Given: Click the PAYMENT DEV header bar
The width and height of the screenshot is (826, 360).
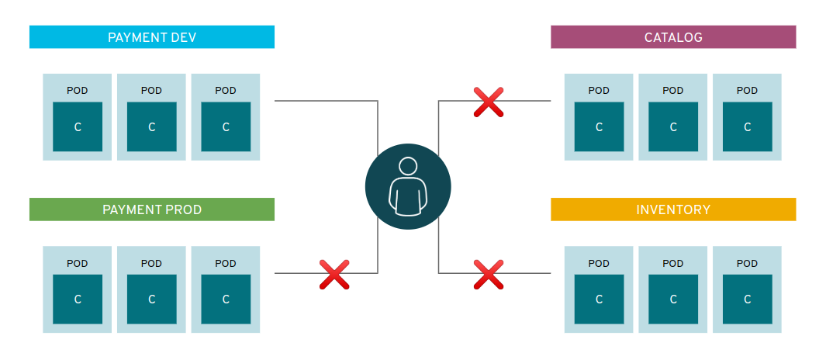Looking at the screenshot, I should click(x=151, y=37).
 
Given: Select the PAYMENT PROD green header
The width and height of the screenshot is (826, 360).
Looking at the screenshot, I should click(x=151, y=209).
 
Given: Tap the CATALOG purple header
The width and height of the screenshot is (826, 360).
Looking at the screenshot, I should click(x=673, y=37).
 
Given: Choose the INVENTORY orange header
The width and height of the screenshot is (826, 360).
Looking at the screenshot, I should click(x=673, y=209).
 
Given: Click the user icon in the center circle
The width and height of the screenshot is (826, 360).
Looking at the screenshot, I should click(x=407, y=186).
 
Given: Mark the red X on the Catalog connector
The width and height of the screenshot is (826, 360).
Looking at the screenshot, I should click(x=489, y=102).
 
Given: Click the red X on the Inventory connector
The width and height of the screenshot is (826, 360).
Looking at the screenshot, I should click(x=489, y=274).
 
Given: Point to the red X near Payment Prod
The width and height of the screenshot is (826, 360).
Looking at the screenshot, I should click(x=334, y=274).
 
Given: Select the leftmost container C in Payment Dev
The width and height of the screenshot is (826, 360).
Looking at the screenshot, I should click(x=78, y=126).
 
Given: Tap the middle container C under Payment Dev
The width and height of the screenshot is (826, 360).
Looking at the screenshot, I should click(x=151, y=126).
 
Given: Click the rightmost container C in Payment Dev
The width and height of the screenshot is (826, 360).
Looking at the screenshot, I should click(x=226, y=126).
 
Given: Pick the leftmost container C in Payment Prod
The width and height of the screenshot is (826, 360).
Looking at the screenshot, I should click(x=78, y=299).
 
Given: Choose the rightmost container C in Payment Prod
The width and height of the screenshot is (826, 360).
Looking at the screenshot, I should click(x=226, y=299).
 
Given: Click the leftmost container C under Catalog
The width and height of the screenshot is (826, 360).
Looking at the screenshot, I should click(x=599, y=126).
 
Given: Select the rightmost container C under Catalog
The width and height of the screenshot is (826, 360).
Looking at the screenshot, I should click(x=748, y=126).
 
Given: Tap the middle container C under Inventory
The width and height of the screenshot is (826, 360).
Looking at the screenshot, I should click(x=673, y=299).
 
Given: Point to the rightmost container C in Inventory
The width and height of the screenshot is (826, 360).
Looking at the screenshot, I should click(x=748, y=299).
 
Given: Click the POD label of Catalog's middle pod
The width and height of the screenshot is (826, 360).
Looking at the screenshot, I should click(x=673, y=91).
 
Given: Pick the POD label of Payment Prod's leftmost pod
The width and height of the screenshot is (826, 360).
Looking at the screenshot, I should click(x=78, y=263).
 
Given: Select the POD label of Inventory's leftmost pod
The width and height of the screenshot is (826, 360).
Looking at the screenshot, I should click(x=599, y=263).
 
